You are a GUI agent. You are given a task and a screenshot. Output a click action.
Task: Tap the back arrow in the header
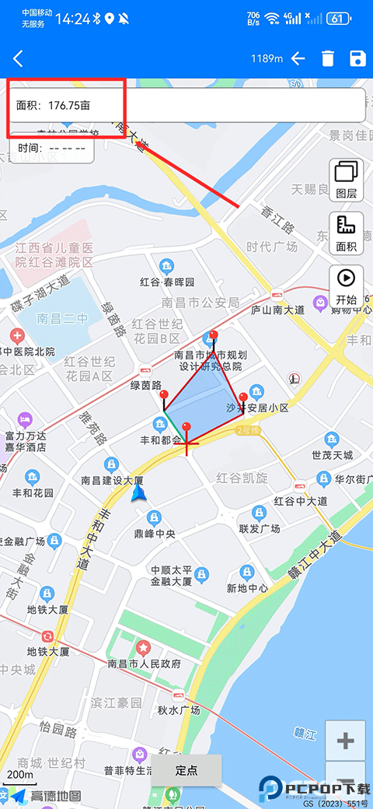pyautogui.click(x=18, y=58)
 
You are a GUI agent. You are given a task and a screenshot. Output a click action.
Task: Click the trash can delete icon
pyautogui.click(x=328, y=58)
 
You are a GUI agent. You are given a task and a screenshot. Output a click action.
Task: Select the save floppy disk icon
pyautogui.click(x=357, y=58)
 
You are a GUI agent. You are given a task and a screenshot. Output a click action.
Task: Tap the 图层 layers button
pyautogui.click(x=347, y=179)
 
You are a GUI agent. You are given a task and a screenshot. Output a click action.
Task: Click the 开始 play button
pyautogui.click(x=347, y=286)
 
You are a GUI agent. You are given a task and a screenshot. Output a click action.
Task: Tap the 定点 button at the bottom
pyautogui.click(x=186, y=770)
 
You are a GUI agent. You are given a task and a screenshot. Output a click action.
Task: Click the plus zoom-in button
pyautogui.click(x=345, y=741)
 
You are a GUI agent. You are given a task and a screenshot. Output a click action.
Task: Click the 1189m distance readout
pyautogui.click(x=266, y=58)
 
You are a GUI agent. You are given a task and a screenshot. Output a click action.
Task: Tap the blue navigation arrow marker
pyautogui.click(x=139, y=493)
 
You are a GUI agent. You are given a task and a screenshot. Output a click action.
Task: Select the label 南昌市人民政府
pyautogui.click(x=145, y=664)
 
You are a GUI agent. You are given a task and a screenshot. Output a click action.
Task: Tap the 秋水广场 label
pyautogui.click(x=179, y=709)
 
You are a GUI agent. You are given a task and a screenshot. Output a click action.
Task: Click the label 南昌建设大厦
pyautogui.click(x=112, y=480)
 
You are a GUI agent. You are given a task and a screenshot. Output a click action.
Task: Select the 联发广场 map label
pyautogui.click(x=259, y=528)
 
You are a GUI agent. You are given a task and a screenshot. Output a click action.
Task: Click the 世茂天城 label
pyautogui.click(x=332, y=455)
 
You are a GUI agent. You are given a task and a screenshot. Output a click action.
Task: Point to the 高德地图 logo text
pyautogui.click(x=56, y=795)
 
